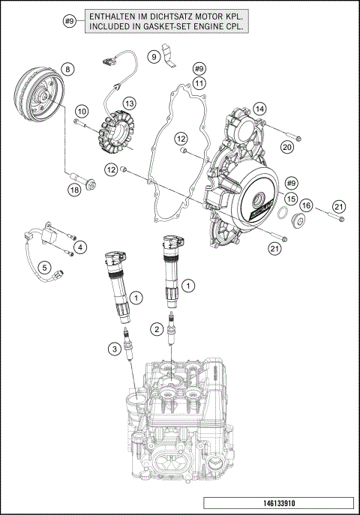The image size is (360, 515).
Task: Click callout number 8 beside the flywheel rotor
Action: tap(68, 70)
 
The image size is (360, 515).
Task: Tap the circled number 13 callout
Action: tap(129, 103)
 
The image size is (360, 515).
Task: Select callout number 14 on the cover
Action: tap(259, 109)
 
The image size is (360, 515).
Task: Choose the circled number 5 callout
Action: tap(44, 266)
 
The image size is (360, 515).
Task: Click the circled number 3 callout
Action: tap(113, 348)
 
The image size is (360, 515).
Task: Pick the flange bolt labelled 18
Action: tap(82, 178)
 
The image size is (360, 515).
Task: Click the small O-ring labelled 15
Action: tap(281, 216)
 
